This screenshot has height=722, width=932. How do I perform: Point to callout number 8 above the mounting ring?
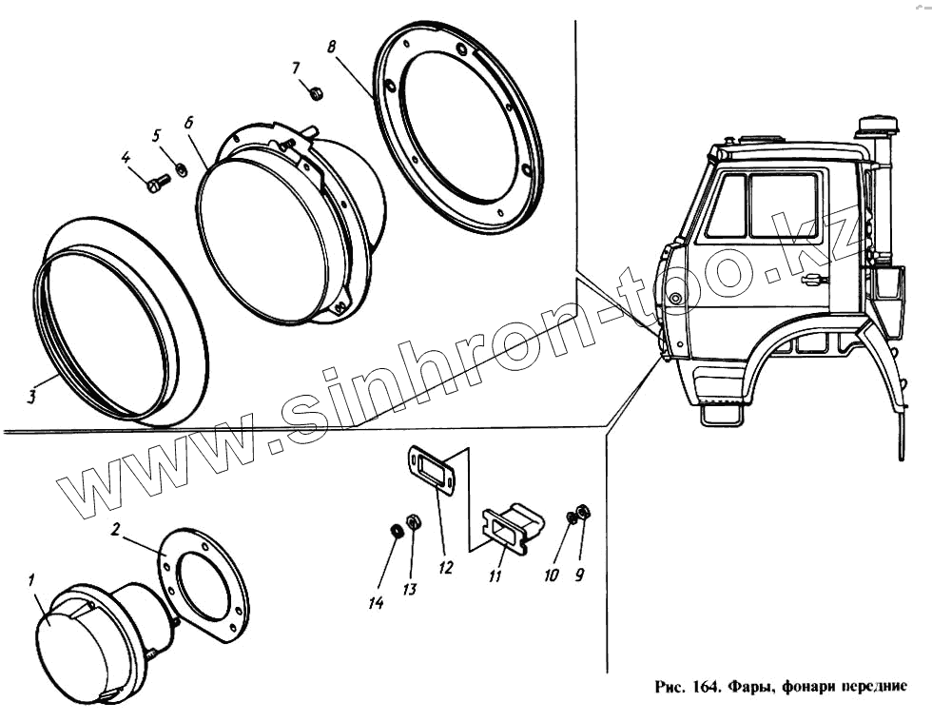330,46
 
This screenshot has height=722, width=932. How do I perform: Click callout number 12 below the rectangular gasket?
444,568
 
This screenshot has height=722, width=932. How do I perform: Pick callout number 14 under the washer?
377,602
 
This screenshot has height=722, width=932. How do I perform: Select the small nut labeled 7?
317,92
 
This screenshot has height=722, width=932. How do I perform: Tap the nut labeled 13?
413,521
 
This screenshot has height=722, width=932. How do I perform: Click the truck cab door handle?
813,280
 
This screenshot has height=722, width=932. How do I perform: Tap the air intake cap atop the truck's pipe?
878,126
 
